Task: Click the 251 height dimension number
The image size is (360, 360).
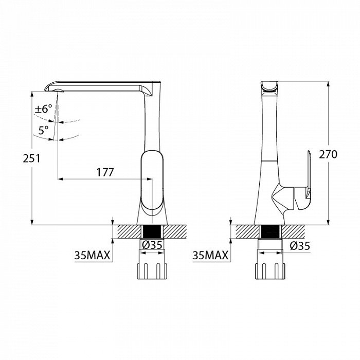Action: [31, 158]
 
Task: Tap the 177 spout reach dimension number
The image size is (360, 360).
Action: [105, 172]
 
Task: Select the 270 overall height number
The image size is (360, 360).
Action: [328, 154]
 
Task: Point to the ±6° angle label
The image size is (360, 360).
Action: [44, 109]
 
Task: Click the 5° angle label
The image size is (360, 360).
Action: [43, 130]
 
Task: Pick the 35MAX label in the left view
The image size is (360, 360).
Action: [92, 255]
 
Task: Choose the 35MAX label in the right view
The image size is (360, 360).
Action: [210, 255]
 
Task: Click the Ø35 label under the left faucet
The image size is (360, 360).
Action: [152, 245]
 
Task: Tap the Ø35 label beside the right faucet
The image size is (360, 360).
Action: [300, 246]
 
